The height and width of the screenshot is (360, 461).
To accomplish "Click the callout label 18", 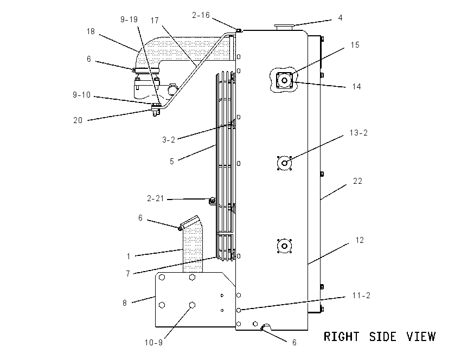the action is (x=91, y=31).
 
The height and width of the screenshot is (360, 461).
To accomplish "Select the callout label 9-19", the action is (x=129, y=20).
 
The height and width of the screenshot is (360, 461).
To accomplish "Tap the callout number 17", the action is (x=155, y=21).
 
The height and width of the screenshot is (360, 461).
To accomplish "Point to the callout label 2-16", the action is (x=201, y=15).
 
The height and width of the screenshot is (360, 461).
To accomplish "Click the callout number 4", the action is (x=340, y=18).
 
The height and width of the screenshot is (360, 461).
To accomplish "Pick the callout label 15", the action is (x=355, y=45).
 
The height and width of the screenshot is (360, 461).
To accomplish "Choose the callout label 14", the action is (x=356, y=87).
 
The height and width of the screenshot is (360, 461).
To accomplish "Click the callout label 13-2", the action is (x=358, y=133).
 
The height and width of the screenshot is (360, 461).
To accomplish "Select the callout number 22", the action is (x=357, y=181).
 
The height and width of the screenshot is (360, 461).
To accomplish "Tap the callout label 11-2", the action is (x=361, y=295).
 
